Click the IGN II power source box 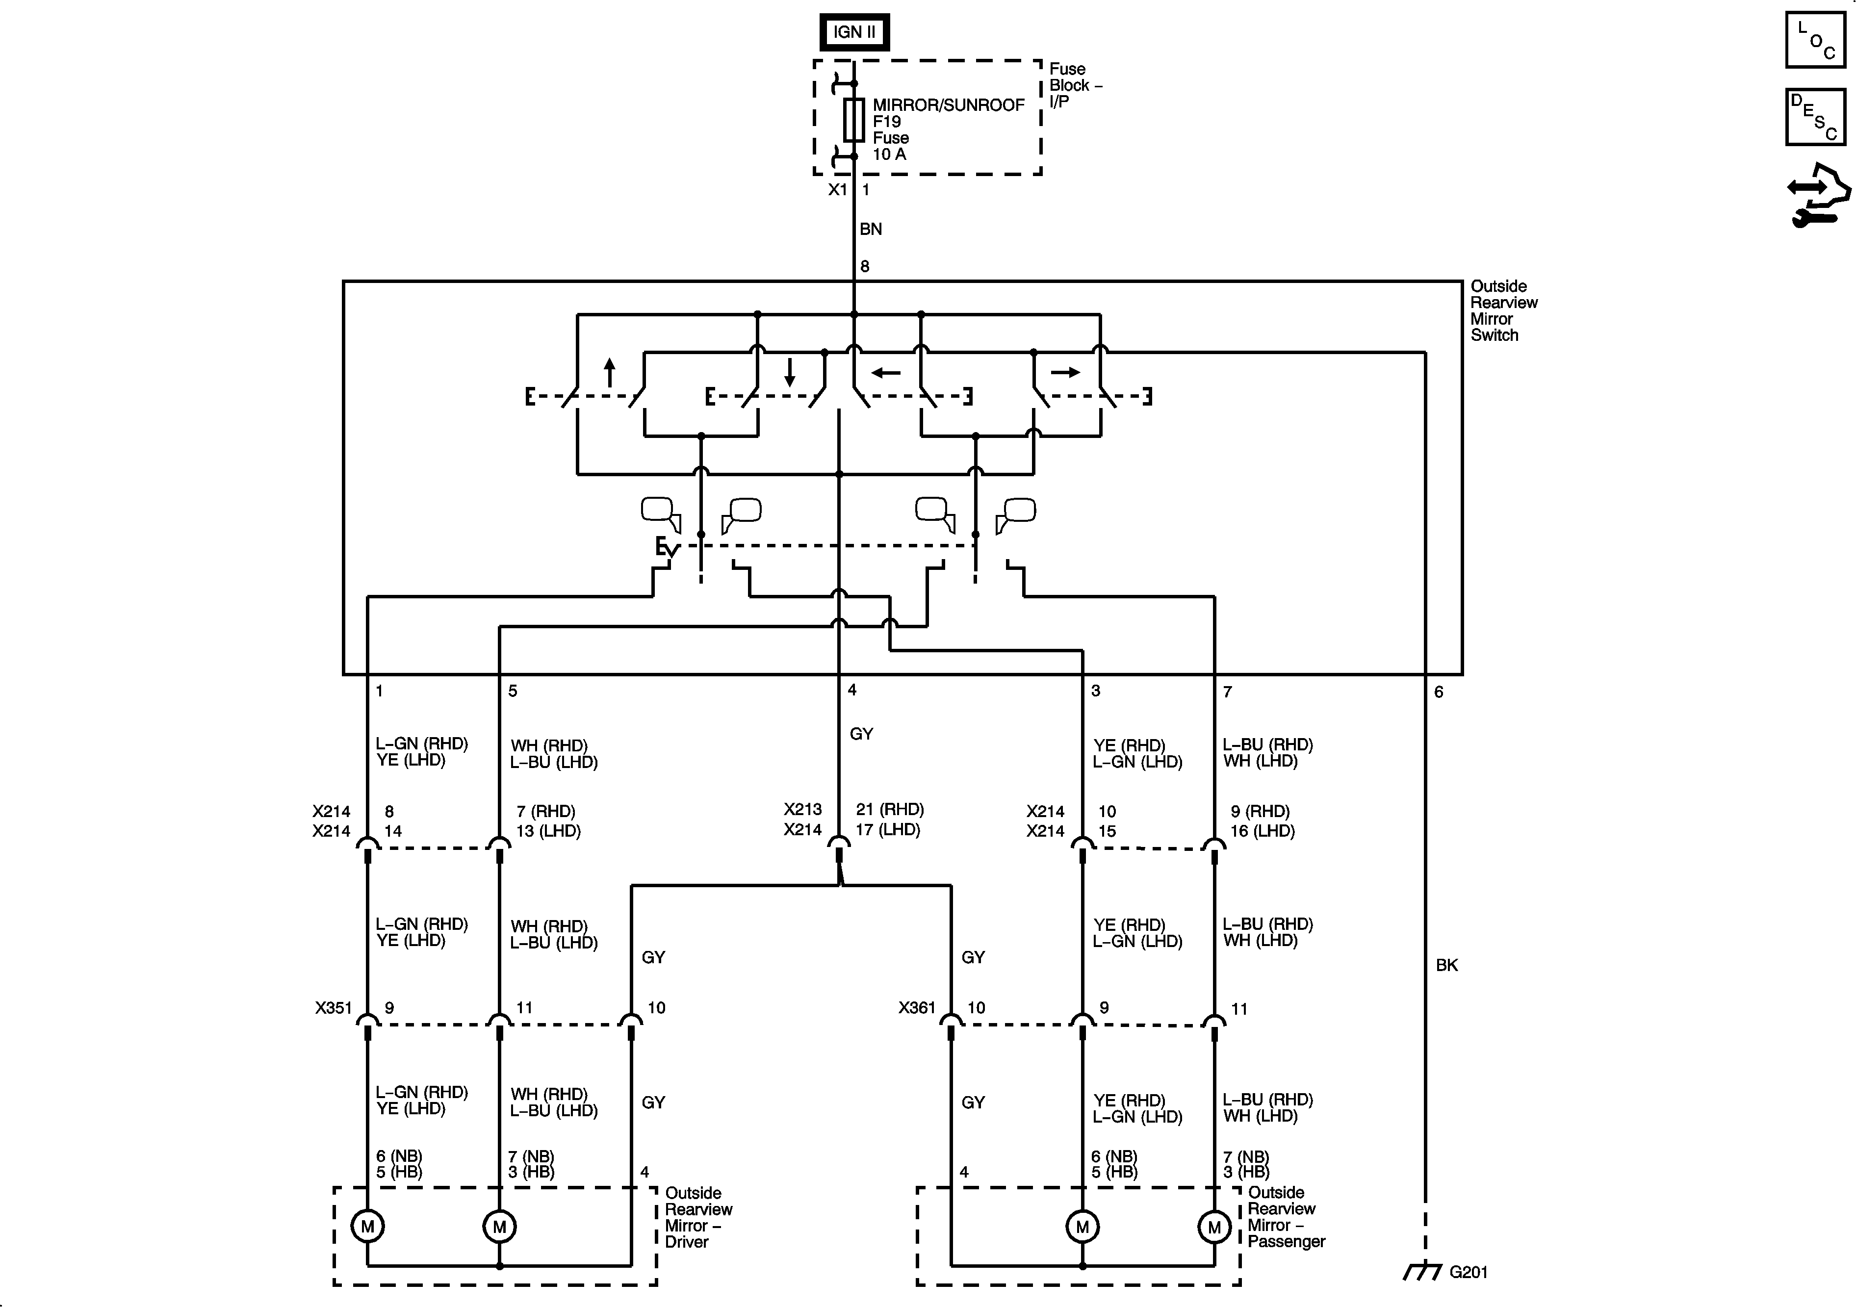[854, 32]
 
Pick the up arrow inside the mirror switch [610, 373]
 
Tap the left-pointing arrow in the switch [886, 373]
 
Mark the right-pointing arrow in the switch [1065, 373]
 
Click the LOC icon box [1815, 40]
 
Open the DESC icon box [1815, 117]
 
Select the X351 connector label [333, 1008]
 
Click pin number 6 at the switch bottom [1438, 692]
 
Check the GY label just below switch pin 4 [861, 734]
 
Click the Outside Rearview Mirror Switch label [1503, 310]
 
